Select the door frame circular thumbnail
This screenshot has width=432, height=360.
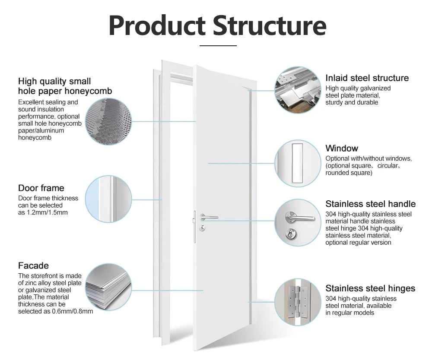coord(108,198)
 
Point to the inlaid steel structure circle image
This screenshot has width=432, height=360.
coord(298,90)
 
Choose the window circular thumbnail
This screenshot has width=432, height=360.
coord(298,163)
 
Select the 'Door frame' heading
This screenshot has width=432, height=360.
coord(41,188)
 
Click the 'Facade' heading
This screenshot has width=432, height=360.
coord(33,265)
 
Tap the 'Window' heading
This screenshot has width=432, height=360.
coord(342,148)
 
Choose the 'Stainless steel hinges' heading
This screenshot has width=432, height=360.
coord(370,288)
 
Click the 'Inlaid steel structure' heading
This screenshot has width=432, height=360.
coord(367,78)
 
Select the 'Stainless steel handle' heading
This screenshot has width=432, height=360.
coord(370,204)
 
